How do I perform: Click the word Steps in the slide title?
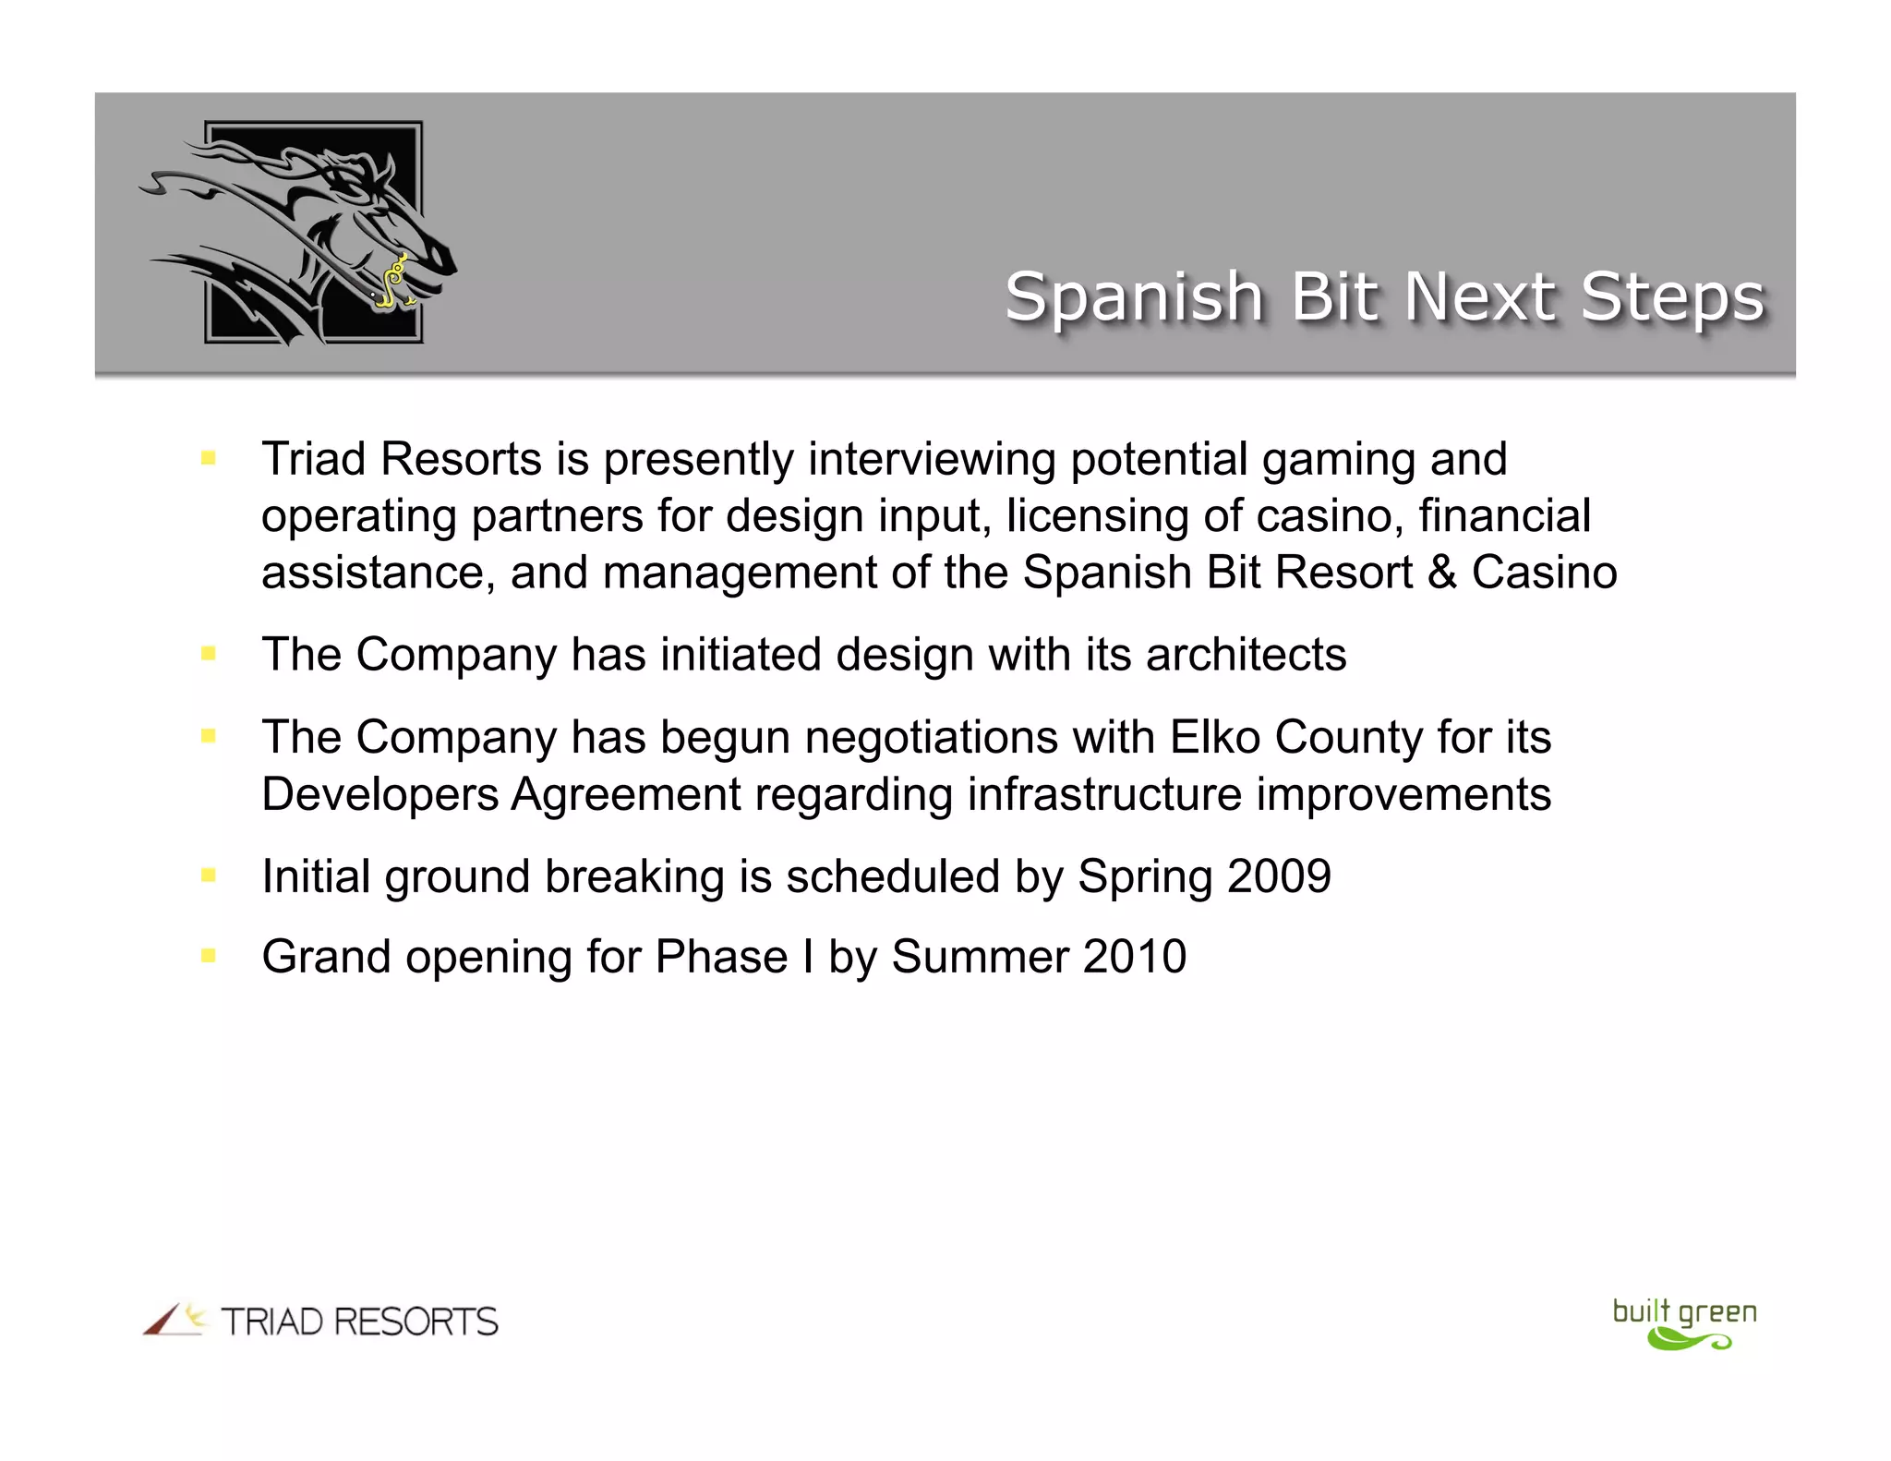point(1672,297)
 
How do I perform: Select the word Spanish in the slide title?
point(1134,297)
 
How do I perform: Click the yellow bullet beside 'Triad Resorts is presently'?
point(209,457)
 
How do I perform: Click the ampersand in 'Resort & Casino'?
point(1441,573)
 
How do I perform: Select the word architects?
point(1246,655)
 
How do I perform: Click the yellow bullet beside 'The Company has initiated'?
point(209,654)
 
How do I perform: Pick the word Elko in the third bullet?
point(1215,737)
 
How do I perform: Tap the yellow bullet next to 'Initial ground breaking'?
point(209,875)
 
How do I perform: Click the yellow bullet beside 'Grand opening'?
point(209,956)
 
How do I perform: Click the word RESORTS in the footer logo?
point(416,1322)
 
